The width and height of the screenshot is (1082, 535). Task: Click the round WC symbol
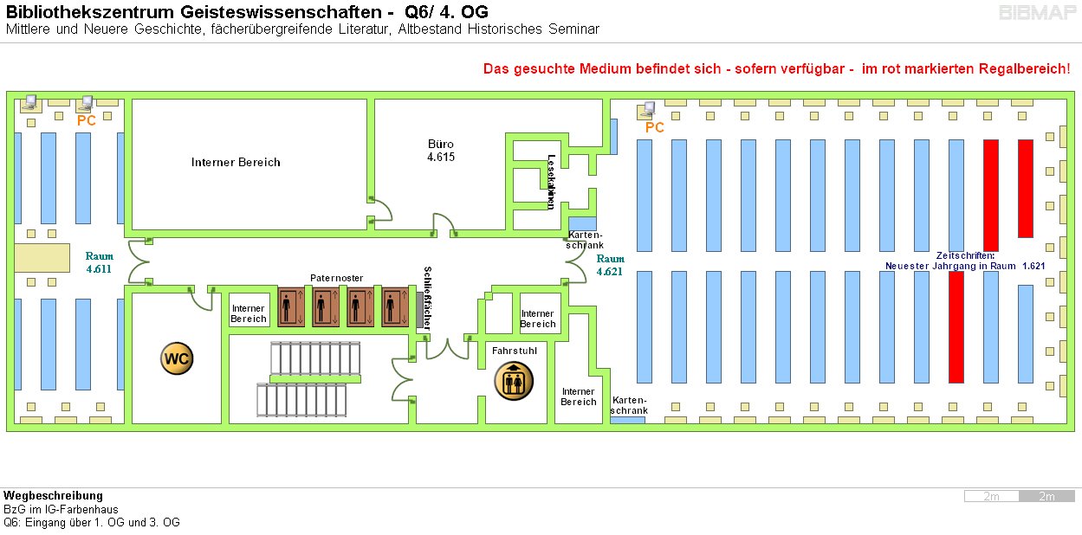pyautogui.click(x=177, y=358)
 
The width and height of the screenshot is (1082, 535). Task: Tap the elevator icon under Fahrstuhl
pyautogui.click(x=514, y=381)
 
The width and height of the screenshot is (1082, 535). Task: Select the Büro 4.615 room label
pyautogui.click(x=440, y=151)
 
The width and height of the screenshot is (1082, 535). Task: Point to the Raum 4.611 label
pyautogui.click(x=99, y=262)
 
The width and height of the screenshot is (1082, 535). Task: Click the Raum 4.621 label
pyautogui.click(x=610, y=265)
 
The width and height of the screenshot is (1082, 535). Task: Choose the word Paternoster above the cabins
pyautogui.click(x=336, y=278)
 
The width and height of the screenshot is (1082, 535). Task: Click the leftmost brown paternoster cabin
pyautogui.click(x=290, y=306)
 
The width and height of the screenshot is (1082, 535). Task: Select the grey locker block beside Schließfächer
pyautogui.click(x=420, y=310)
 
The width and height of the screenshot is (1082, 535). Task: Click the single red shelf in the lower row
pyautogui.click(x=956, y=326)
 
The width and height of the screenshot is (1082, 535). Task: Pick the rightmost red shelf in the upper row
pyautogui.click(x=1025, y=188)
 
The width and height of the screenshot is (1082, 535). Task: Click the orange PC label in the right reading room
pyautogui.click(x=654, y=127)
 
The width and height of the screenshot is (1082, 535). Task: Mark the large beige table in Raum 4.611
pyautogui.click(x=42, y=258)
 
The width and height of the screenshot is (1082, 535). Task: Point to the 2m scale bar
pyautogui.click(x=1020, y=496)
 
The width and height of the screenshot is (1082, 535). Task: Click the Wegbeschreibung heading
pyautogui.click(x=53, y=496)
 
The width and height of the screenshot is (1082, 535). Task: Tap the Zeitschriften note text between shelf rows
pyautogui.click(x=965, y=261)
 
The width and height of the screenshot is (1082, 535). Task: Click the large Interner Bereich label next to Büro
pyautogui.click(x=236, y=162)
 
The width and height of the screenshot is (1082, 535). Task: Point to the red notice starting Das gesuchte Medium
pyautogui.click(x=776, y=68)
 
